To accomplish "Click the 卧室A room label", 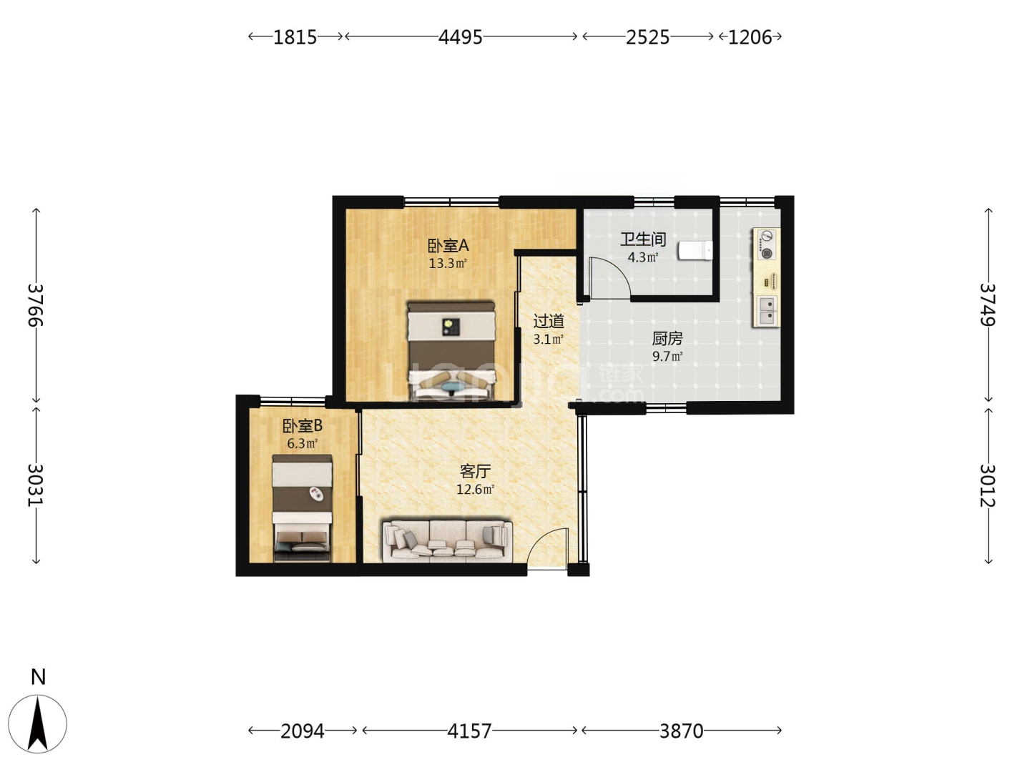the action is coord(448,245).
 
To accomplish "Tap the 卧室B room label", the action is coord(302,425).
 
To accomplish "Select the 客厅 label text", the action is coord(476,470).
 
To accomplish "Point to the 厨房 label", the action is coord(667,338).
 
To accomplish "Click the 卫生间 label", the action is coord(643,239).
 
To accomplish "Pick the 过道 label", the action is coord(549,321).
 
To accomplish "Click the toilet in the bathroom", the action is coord(695,250).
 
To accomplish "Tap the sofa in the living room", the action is coord(447,540).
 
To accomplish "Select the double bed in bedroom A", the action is coord(451,351).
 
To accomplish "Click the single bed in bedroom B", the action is coord(302,508).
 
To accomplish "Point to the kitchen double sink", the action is coord(767,311).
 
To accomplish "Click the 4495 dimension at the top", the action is coord(460,37).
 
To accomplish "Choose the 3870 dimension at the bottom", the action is coord(681,731).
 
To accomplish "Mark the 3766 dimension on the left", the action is coord(35,305).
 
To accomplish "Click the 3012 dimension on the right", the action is coord(988,485).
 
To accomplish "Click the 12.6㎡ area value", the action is coord(476,490).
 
